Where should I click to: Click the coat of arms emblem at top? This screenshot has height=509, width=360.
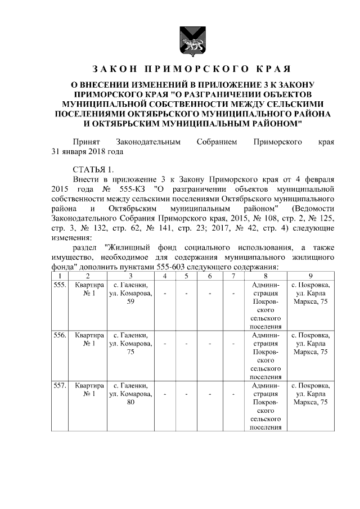pyautogui.click(x=187, y=42)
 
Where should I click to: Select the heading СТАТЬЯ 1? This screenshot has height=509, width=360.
pyautogui.click(x=93, y=170)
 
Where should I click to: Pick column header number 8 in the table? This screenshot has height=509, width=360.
pyautogui.click(x=265, y=276)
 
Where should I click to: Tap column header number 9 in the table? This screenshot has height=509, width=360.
pyautogui.click(x=310, y=276)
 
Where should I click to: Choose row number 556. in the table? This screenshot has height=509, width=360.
pyautogui.click(x=59, y=335)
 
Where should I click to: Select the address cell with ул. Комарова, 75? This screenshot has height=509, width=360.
pyautogui.click(x=130, y=344)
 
